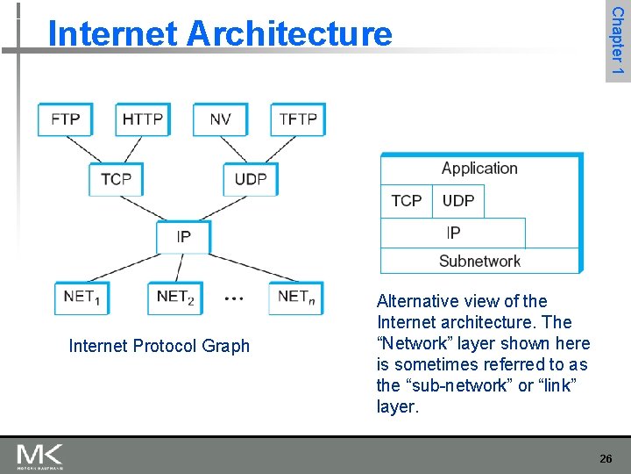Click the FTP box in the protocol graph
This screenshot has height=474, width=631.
(x=65, y=119)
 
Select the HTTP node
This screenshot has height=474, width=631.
(x=142, y=119)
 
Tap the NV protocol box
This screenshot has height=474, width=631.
(x=221, y=119)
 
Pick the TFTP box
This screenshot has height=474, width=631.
(x=298, y=119)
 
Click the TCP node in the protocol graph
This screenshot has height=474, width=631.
(x=116, y=179)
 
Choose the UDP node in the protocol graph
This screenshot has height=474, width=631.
(x=251, y=179)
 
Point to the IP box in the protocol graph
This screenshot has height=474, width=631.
(x=183, y=236)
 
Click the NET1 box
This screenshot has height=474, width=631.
(x=82, y=298)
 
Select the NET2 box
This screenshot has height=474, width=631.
(x=174, y=298)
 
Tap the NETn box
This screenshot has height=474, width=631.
(x=296, y=298)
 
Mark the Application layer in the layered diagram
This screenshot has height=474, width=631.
(x=479, y=169)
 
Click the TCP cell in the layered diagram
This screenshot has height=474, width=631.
(x=406, y=201)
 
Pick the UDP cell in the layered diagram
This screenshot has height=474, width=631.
(x=458, y=201)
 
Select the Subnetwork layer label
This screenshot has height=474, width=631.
(x=479, y=261)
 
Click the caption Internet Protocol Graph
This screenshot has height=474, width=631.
(x=159, y=347)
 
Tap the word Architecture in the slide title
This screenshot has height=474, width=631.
(x=289, y=34)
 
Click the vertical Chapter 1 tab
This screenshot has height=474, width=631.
(x=617, y=40)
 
